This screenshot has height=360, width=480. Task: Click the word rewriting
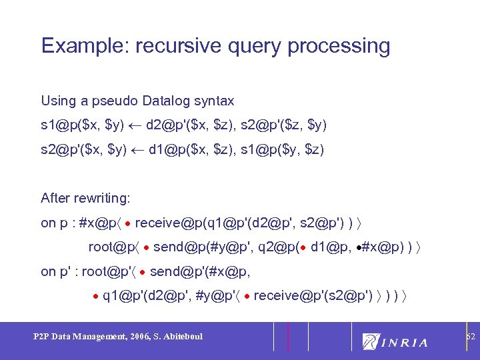pos(105,198)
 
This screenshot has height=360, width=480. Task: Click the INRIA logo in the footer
pos(395,341)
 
